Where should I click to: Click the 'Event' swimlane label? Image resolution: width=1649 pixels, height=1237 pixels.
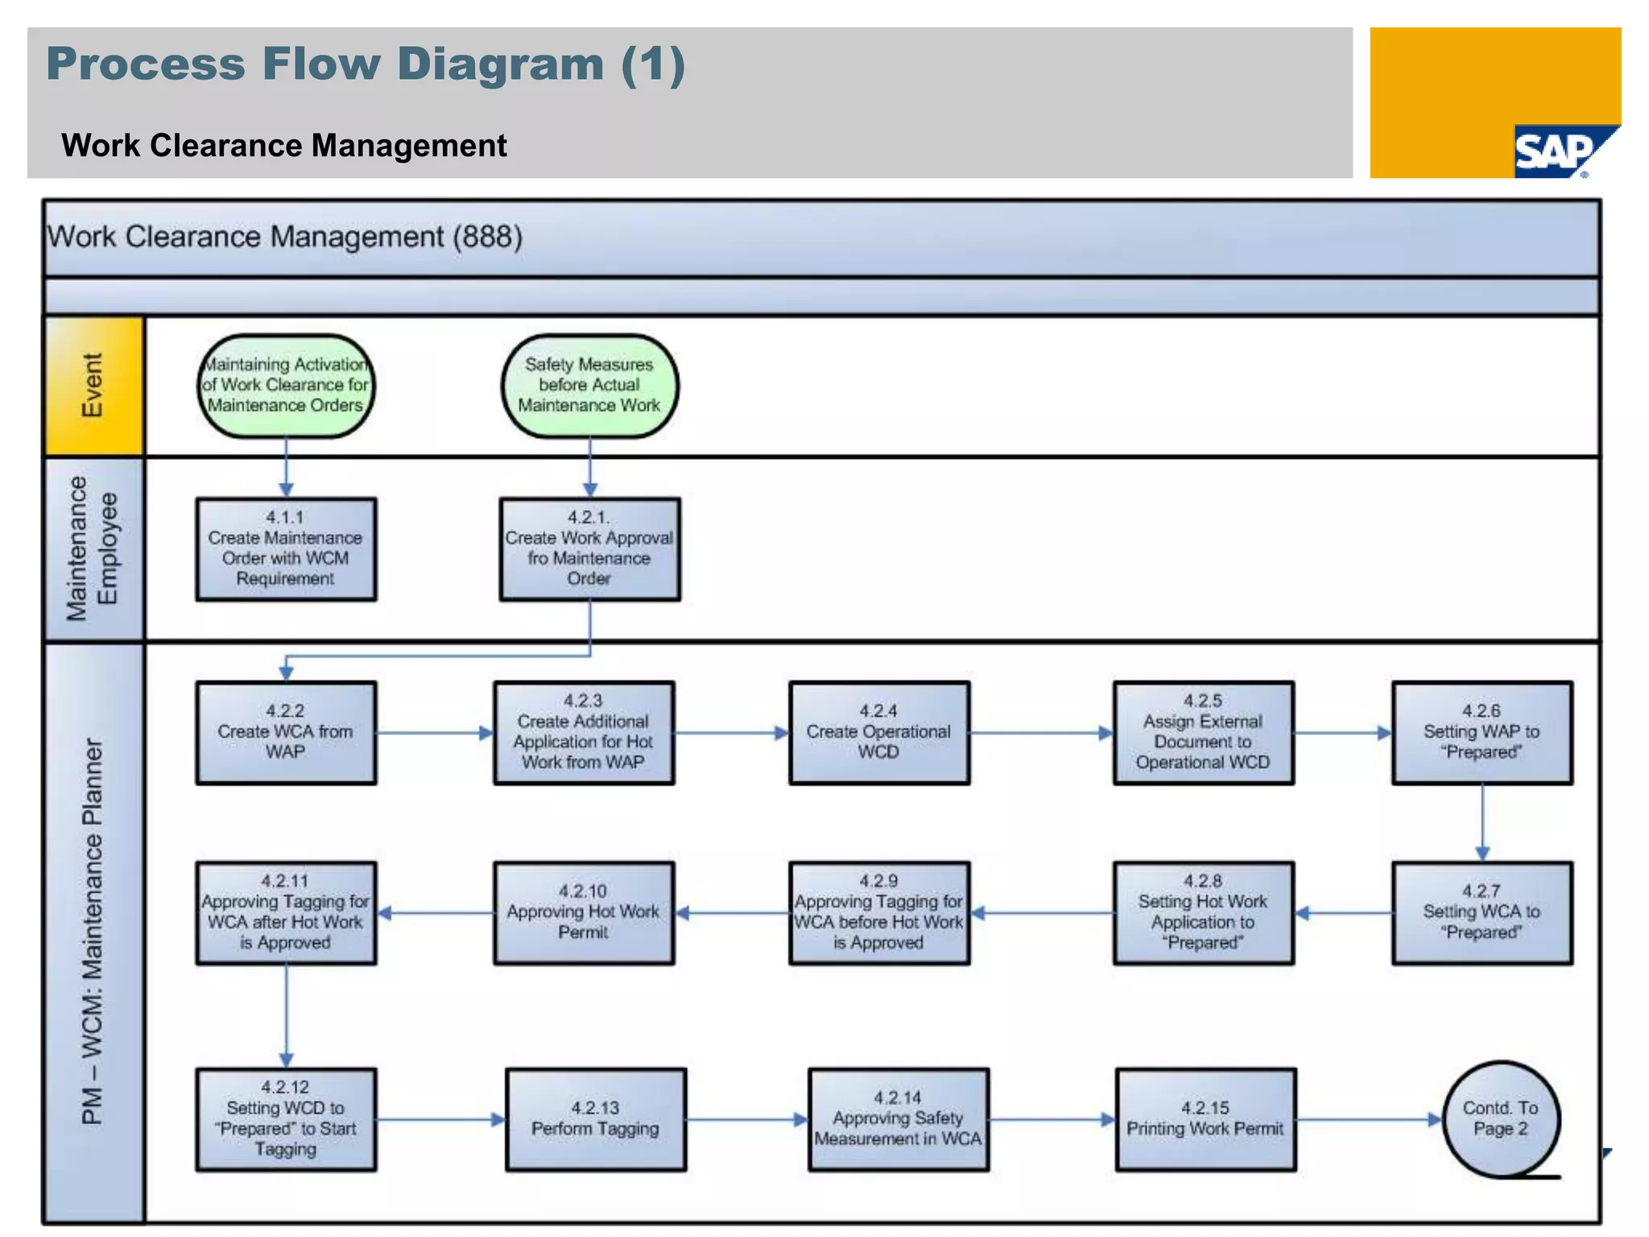(93, 386)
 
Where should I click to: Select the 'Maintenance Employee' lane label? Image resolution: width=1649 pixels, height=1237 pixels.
(93, 549)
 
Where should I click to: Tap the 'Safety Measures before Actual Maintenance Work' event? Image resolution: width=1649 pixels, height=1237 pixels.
(589, 386)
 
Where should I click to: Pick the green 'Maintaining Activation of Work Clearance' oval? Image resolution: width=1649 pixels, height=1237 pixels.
(286, 386)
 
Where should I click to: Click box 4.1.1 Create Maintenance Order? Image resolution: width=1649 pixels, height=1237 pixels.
(286, 549)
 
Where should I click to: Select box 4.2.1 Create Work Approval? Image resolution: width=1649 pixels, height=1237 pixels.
(589, 549)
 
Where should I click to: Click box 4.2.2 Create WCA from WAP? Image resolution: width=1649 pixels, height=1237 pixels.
(286, 733)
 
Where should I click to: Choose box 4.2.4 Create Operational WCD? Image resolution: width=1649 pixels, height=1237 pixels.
(878, 733)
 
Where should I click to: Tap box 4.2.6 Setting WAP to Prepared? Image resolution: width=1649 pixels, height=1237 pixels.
(1482, 733)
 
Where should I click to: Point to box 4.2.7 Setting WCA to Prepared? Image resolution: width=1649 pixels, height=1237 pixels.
(1482, 913)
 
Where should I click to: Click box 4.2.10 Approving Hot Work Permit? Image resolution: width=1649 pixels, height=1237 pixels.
(584, 913)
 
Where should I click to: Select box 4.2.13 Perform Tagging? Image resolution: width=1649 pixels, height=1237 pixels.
(596, 1119)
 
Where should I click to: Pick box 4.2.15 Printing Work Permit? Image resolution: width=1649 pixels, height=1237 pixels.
(1205, 1119)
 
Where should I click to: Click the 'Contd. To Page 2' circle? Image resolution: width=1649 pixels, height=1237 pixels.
(1501, 1119)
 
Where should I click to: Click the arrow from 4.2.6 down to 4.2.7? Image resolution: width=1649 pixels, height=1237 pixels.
(1482, 821)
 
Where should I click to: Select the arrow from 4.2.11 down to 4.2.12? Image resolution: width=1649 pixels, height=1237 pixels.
(287, 1015)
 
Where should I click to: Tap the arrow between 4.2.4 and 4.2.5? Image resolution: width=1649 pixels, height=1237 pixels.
(1040, 733)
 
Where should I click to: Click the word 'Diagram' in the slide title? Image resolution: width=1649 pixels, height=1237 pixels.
(500, 64)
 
